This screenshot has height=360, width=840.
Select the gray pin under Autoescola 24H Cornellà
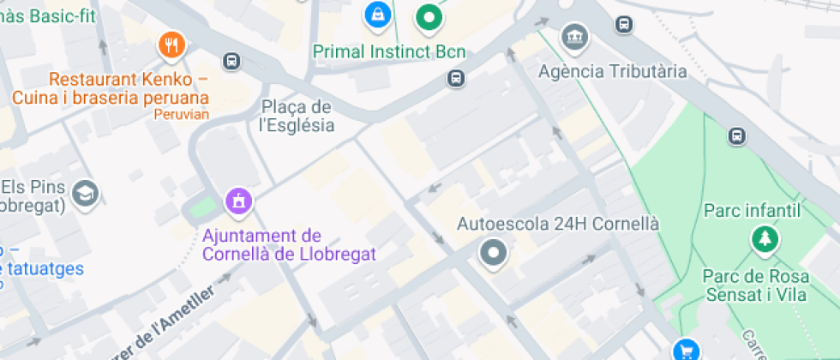tap(494, 254)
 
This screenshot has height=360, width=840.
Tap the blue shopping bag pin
tap(375, 13)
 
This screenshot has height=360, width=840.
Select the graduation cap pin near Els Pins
tap(85, 193)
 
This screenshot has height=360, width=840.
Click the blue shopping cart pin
tap(685, 350)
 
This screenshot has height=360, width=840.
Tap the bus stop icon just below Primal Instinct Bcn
tap(456, 79)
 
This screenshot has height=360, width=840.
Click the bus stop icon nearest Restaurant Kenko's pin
tap(231, 61)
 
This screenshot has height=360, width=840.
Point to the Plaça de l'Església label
tap(297, 116)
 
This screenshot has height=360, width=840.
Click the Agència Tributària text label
tap(612, 71)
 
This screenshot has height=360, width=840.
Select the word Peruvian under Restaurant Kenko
tap(181, 114)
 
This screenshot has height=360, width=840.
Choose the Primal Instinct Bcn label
tap(389, 52)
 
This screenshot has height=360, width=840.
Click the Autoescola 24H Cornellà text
tap(558, 224)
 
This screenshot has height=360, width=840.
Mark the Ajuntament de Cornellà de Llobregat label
tap(289, 245)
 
